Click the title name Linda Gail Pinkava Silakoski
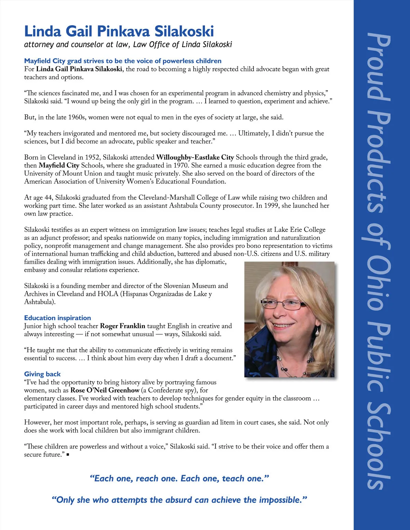click(x=119, y=31)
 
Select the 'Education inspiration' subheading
click(x=57, y=318)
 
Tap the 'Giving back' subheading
click(x=42, y=374)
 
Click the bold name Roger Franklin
click(x=122, y=326)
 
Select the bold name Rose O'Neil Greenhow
click(x=105, y=390)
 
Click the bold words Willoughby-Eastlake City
click(x=195, y=157)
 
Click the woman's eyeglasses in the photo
click(x=284, y=303)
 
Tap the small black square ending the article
click(x=68, y=455)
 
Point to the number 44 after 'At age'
click(x=48, y=198)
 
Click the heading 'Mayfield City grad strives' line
click(x=123, y=61)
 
